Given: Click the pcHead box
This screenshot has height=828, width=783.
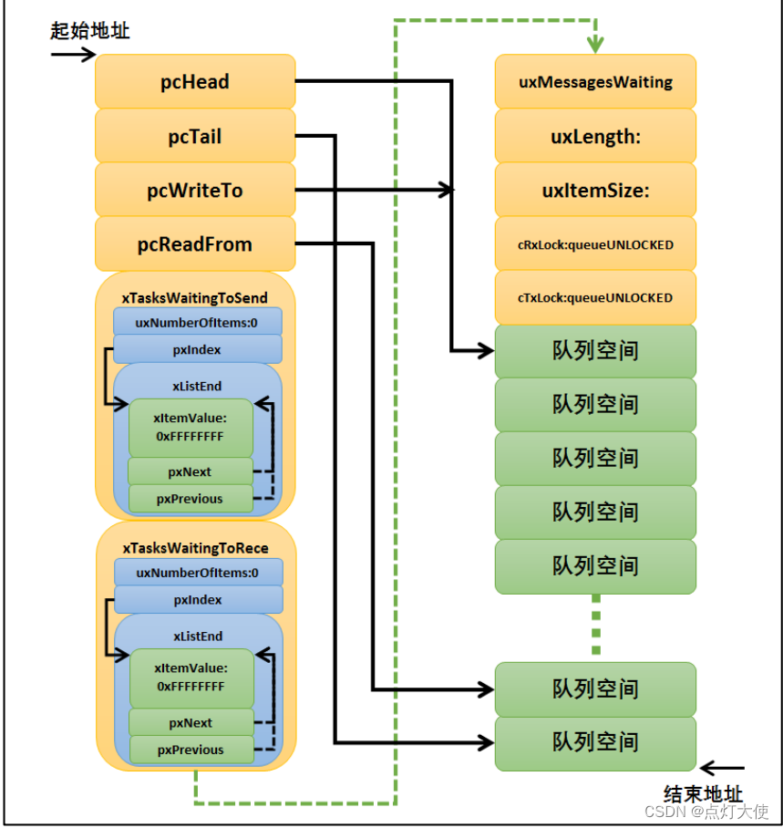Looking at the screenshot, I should [195, 82].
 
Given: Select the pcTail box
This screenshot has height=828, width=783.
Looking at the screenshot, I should [195, 137].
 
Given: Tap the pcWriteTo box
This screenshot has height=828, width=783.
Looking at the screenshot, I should [195, 191].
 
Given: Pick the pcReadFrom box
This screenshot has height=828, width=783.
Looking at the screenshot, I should [195, 244].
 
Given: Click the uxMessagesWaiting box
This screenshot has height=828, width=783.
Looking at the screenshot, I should [595, 82].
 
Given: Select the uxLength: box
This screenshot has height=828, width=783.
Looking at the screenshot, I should [595, 137].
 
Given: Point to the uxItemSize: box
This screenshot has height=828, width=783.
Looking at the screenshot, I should [595, 191].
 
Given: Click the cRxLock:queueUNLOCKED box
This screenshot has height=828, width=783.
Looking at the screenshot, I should [595, 244].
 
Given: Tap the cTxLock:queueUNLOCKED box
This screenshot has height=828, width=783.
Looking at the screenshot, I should [595, 298].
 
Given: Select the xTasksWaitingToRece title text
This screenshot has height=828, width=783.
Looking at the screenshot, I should [195, 547].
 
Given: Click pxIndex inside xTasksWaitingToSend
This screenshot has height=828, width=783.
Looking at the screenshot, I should [197, 349].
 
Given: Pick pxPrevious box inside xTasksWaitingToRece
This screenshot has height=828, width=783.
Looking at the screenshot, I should [190, 750].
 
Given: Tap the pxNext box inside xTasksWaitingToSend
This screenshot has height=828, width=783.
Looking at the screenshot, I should [190, 471].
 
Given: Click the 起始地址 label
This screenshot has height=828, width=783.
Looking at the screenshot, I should [89, 31].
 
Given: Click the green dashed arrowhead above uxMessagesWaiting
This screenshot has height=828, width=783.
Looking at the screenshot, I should [594, 44].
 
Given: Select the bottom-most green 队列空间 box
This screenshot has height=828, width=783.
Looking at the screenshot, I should [595, 742].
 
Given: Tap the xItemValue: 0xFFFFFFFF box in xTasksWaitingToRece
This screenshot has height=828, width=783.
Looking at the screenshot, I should [190, 678].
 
